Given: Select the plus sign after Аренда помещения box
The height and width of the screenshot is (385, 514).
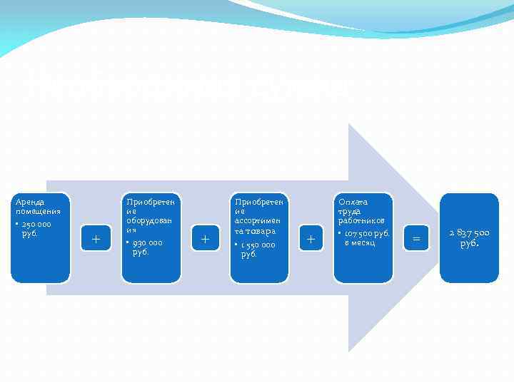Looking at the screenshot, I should point(96,239).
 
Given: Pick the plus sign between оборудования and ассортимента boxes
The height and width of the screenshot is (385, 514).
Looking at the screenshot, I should point(205,239).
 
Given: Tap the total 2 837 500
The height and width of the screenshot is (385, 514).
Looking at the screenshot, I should point(469,232).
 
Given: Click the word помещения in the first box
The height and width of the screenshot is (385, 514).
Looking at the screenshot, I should point(38,212).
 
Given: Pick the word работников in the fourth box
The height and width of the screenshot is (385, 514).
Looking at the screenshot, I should point(361,221).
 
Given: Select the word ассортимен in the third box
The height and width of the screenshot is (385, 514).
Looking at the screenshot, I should point(259,221).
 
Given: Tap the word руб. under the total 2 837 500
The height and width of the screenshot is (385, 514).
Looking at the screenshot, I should point(469,243).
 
